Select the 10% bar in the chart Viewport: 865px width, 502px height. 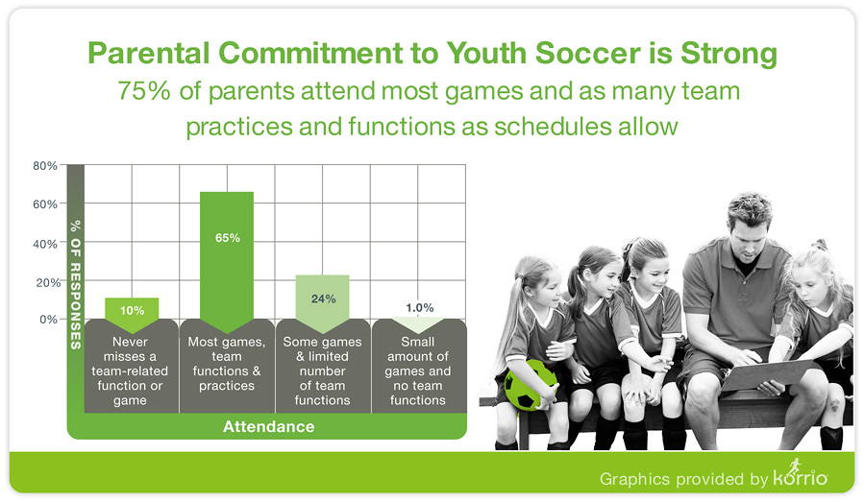(132, 311)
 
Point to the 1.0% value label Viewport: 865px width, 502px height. (420, 307)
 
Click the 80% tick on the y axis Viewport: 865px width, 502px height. (45, 165)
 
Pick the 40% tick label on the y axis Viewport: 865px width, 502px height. (45, 244)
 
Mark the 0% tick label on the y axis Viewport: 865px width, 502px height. (49, 319)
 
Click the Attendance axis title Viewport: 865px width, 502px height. (269, 426)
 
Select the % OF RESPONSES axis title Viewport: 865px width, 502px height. (76, 284)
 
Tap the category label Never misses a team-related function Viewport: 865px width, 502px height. (130, 371)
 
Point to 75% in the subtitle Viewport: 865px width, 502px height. (144, 91)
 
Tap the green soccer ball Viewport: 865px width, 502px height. (531, 385)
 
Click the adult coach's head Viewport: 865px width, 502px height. (749, 221)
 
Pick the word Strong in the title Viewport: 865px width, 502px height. (729, 54)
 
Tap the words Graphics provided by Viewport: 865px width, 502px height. (683, 479)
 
